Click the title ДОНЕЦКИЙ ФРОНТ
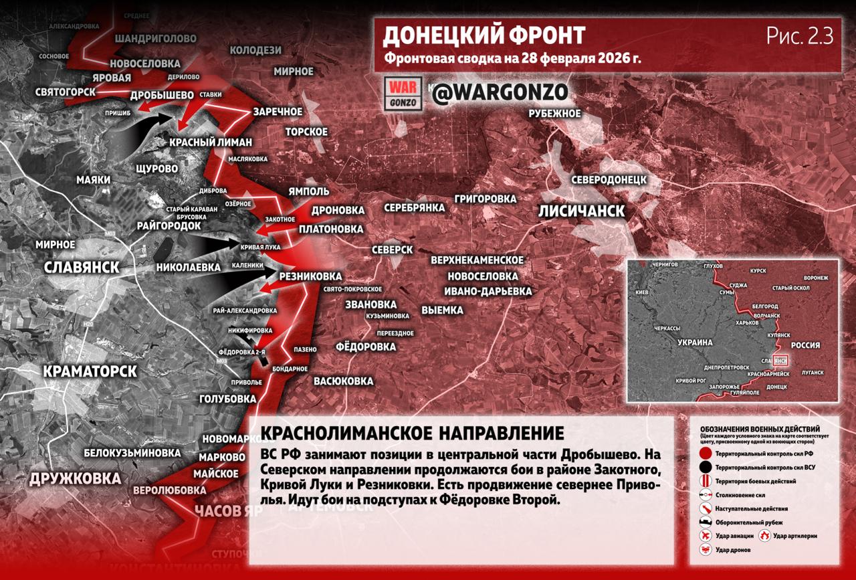pyautogui.click(x=484, y=35)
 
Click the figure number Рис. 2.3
pyautogui.click(x=799, y=36)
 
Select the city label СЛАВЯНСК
pyautogui.click(x=81, y=267)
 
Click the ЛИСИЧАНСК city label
pyautogui.click(x=582, y=211)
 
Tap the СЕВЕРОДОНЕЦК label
pyautogui.click(x=609, y=179)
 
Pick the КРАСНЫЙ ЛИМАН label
pyautogui.click(x=211, y=142)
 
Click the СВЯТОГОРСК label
pyautogui.click(x=66, y=92)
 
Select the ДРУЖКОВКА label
pyautogui.click(x=75, y=478)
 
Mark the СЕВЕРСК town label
pyautogui.click(x=392, y=249)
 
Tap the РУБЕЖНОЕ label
pyautogui.click(x=554, y=113)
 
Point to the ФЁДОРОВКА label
pyautogui.click(x=365, y=347)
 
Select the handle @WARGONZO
pyautogui.click(x=500, y=92)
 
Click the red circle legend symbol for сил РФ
pyautogui.click(x=704, y=453)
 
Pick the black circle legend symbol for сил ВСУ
pyautogui.click(x=704, y=467)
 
